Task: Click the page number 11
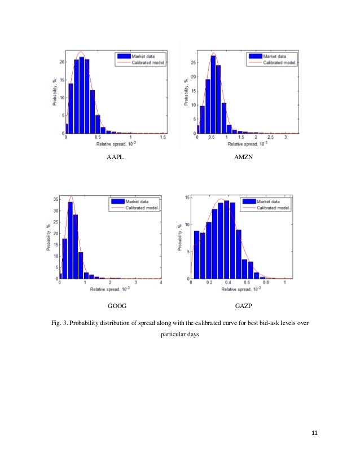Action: pos(315,433)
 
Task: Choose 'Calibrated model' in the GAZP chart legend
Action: pos(273,207)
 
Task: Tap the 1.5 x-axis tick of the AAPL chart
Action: pos(163,137)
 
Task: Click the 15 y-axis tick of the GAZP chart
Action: pos(187,197)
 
